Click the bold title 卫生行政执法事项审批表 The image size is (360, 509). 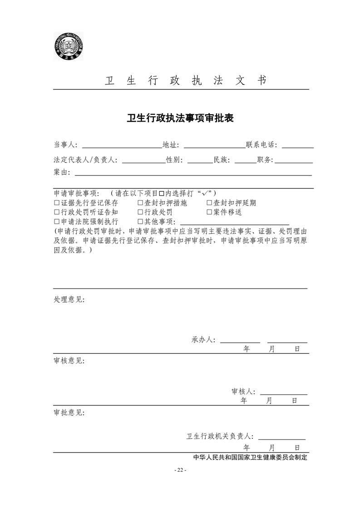[x=180, y=118]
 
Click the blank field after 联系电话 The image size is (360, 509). [x=297, y=146]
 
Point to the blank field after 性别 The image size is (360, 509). [x=200, y=160]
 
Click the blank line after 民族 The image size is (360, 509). [x=245, y=160]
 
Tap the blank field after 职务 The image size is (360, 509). [x=293, y=160]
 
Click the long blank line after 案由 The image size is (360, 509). [x=193, y=172]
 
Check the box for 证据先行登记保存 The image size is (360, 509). [x=57, y=203]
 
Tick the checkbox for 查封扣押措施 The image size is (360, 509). [x=140, y=203]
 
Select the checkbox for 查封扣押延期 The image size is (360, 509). [x=209, y=203]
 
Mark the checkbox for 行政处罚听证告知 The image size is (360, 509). [x=57, y=212]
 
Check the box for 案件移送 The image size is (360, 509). [x=209, y=212]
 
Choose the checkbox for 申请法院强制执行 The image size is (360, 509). [x=57, y=222]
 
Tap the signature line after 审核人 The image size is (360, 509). [x=283, y=392]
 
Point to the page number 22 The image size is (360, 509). [x=180, y=470]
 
